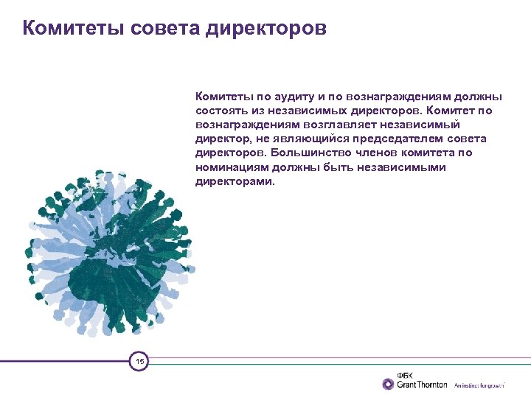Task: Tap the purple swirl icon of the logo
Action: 388,384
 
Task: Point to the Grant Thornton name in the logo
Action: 423,385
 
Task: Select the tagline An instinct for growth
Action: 479,385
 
